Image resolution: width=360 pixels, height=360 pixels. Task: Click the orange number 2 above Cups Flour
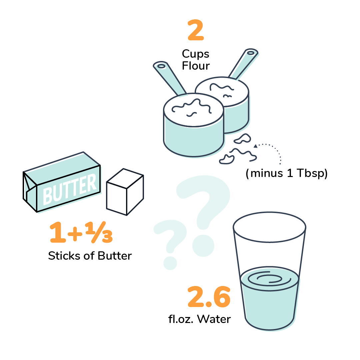(196, 30)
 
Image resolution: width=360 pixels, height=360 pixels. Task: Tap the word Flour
(196, 66)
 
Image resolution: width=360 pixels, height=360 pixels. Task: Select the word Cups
(196, 54)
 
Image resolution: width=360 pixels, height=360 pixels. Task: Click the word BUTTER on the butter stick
(70, 189)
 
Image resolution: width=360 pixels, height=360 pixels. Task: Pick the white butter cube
(125, 192)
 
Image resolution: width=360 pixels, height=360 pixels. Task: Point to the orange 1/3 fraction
(99, 232)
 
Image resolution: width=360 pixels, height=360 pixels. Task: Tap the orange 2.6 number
(209, 297)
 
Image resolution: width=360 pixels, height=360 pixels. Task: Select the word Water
(214, 319)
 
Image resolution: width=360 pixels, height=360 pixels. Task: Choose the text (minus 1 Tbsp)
(287, 173)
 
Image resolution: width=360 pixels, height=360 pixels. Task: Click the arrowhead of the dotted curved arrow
(256, 146)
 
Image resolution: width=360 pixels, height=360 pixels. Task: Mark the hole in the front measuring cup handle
(161, 66)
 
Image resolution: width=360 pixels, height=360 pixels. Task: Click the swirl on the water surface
(269, 279)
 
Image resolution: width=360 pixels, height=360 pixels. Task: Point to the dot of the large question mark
(203, 245)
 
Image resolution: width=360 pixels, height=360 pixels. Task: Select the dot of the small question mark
(170, 263)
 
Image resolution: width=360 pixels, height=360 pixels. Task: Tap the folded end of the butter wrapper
(30, 191)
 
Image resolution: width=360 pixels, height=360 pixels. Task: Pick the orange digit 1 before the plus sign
(58, 232)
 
